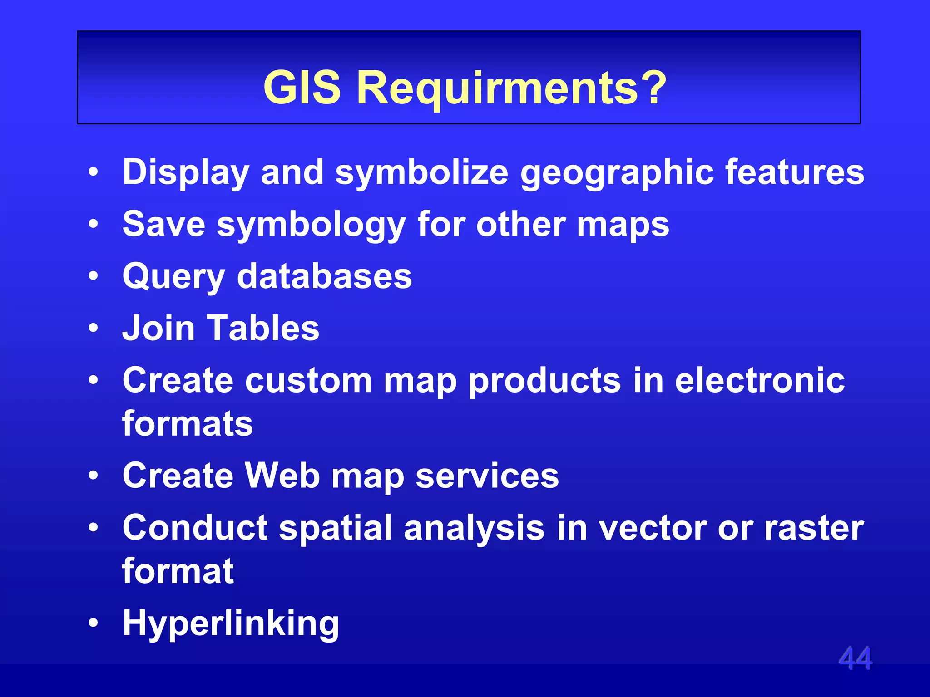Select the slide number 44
pos(855,658)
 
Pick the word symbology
pos(311,225)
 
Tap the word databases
pos(324,276)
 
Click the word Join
pos(158,328)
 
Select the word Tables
pos(263,328)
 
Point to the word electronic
pos(759,380)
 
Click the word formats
pos(187,423)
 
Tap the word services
pos(487,475)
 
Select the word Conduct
pos(195,527)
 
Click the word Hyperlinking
pos(231,623)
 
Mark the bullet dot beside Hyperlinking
pos(93,623)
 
